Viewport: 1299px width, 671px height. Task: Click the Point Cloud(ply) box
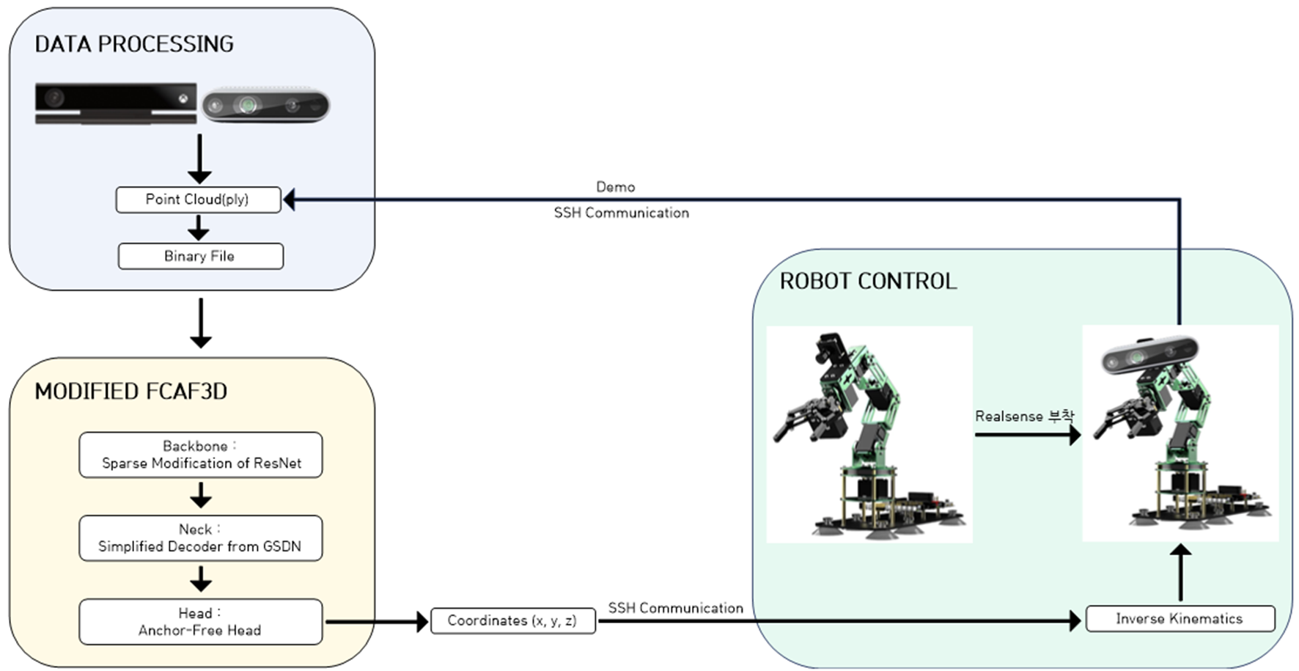[x=198, y=199]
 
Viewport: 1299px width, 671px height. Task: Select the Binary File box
[x=200, y=256]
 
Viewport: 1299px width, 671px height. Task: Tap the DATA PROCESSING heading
[x=134, y=44]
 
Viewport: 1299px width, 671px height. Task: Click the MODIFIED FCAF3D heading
[x=130, y=392]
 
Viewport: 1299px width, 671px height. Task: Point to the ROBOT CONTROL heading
[x=868, y=281]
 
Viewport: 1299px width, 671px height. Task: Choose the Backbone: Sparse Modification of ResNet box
[x=200, y=455]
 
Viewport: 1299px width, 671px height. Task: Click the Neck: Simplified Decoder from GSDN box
[x=200, y=538]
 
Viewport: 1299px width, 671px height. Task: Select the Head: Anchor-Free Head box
[x=200, y=622]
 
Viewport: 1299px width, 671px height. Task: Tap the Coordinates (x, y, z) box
[x=512, y=621]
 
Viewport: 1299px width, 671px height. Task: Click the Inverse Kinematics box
[x=1180, y=619]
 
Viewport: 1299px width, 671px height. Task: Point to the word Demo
[x=615, y=187]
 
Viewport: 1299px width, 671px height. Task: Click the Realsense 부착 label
[x=1024, y=417]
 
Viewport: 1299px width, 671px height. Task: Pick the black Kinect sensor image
[x=116, y=103]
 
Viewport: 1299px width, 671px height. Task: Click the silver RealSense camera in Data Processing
[x=265, y=106]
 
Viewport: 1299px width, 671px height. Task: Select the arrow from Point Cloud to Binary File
[x=199, y=228]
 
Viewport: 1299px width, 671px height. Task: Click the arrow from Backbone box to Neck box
[x=200, y=496]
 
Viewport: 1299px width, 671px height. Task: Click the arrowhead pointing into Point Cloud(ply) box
[x=289, y=199]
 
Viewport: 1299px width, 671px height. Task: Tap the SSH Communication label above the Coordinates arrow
[x=675, y=608]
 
